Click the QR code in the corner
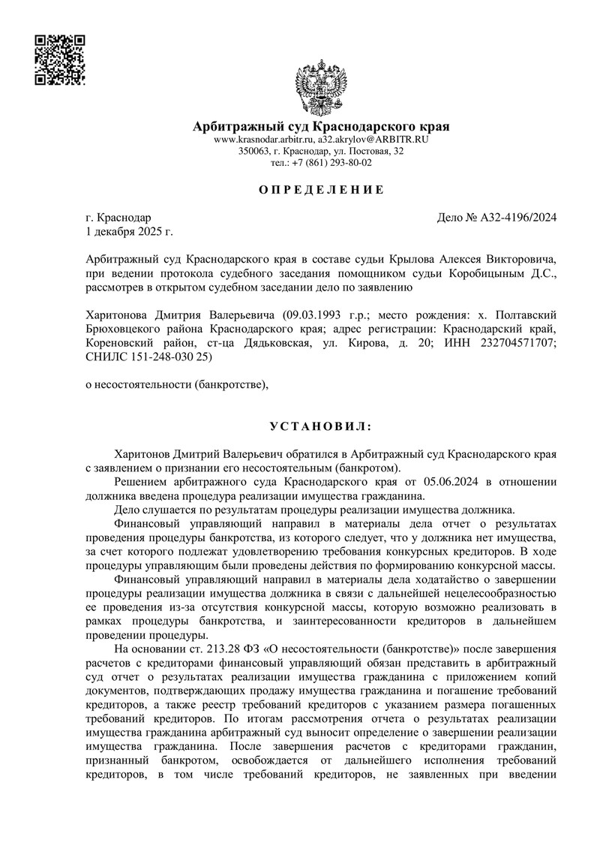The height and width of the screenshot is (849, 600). click(x=61, y=59)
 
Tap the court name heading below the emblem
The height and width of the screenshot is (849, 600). click(x=321, y=126)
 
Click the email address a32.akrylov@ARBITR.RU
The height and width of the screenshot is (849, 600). click(x=373, y=140)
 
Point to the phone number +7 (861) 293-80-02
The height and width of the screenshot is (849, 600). click(x=330, y=162)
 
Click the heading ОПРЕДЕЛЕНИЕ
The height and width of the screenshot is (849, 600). click(x=321, y=190)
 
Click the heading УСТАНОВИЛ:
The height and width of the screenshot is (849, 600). click(x=321, y=427)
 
